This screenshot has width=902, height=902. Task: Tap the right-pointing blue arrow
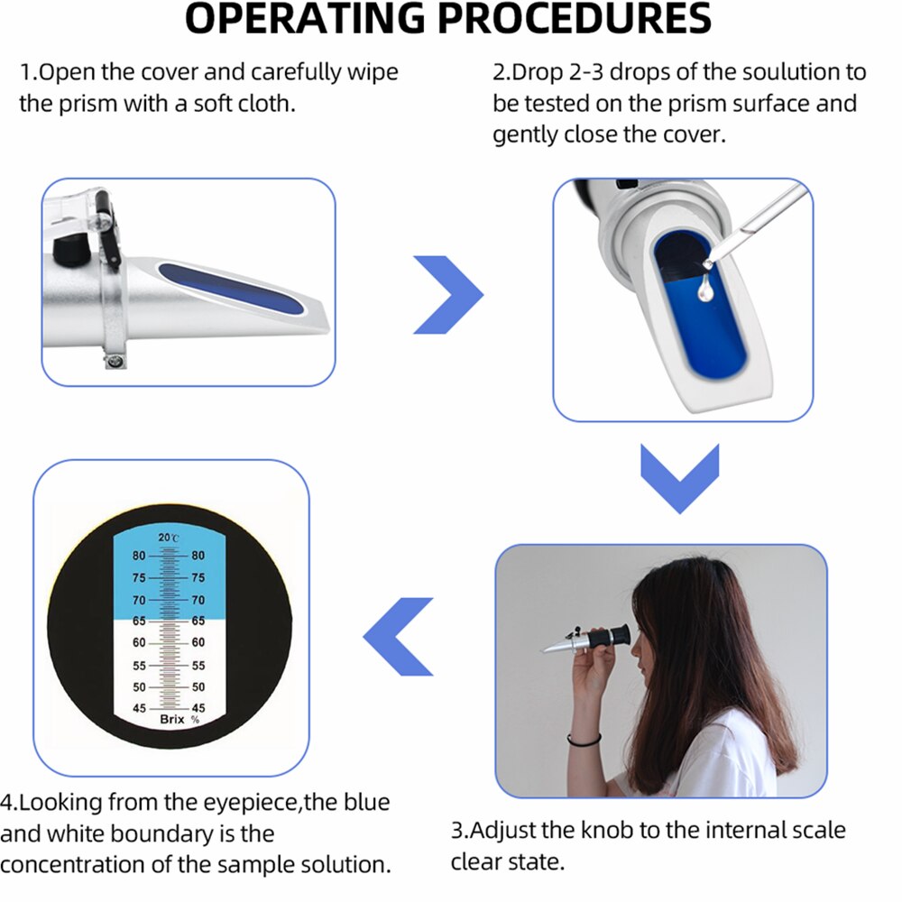[448, 294]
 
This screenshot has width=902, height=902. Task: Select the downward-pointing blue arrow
[679, 478]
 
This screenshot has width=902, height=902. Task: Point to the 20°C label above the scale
[169, 538]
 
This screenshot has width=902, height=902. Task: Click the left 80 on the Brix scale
[138, 557]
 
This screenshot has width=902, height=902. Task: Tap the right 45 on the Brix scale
[198, 708]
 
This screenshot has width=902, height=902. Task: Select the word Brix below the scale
[171, 720]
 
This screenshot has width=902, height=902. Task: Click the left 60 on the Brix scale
[139, 643]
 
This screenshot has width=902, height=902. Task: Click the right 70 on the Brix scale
[198, 600]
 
